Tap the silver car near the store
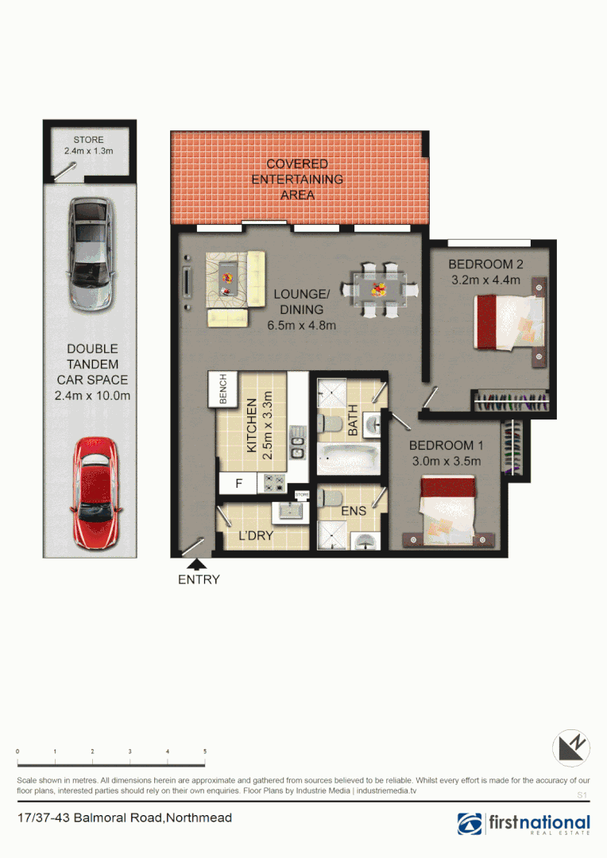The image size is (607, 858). point(91,255)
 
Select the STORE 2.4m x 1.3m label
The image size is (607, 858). point(88,145)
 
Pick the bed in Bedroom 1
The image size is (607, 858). point(448,510)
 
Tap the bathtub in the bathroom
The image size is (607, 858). point(347,458)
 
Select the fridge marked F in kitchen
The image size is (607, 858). point(239,481)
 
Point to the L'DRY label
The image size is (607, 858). point(256,536)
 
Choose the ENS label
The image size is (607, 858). point(354,511)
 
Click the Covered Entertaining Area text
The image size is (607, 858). point(297,179)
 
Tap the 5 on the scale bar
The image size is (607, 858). point(205,751)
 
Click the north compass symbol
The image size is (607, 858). point(572,748)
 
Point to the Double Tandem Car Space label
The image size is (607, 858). point(92,372)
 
